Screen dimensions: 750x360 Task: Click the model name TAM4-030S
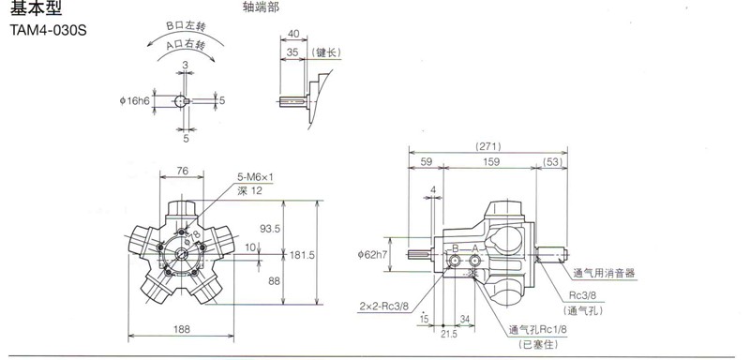49,30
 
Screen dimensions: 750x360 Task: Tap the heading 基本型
37,8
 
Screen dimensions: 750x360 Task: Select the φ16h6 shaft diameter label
135,101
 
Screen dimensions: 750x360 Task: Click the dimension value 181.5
302,255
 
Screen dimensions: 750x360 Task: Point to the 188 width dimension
182,329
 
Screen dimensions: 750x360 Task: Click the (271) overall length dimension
487,147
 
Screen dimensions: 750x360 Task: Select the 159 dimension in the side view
491,162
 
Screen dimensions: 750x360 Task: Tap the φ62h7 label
372,255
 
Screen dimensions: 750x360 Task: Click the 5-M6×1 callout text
255,177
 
